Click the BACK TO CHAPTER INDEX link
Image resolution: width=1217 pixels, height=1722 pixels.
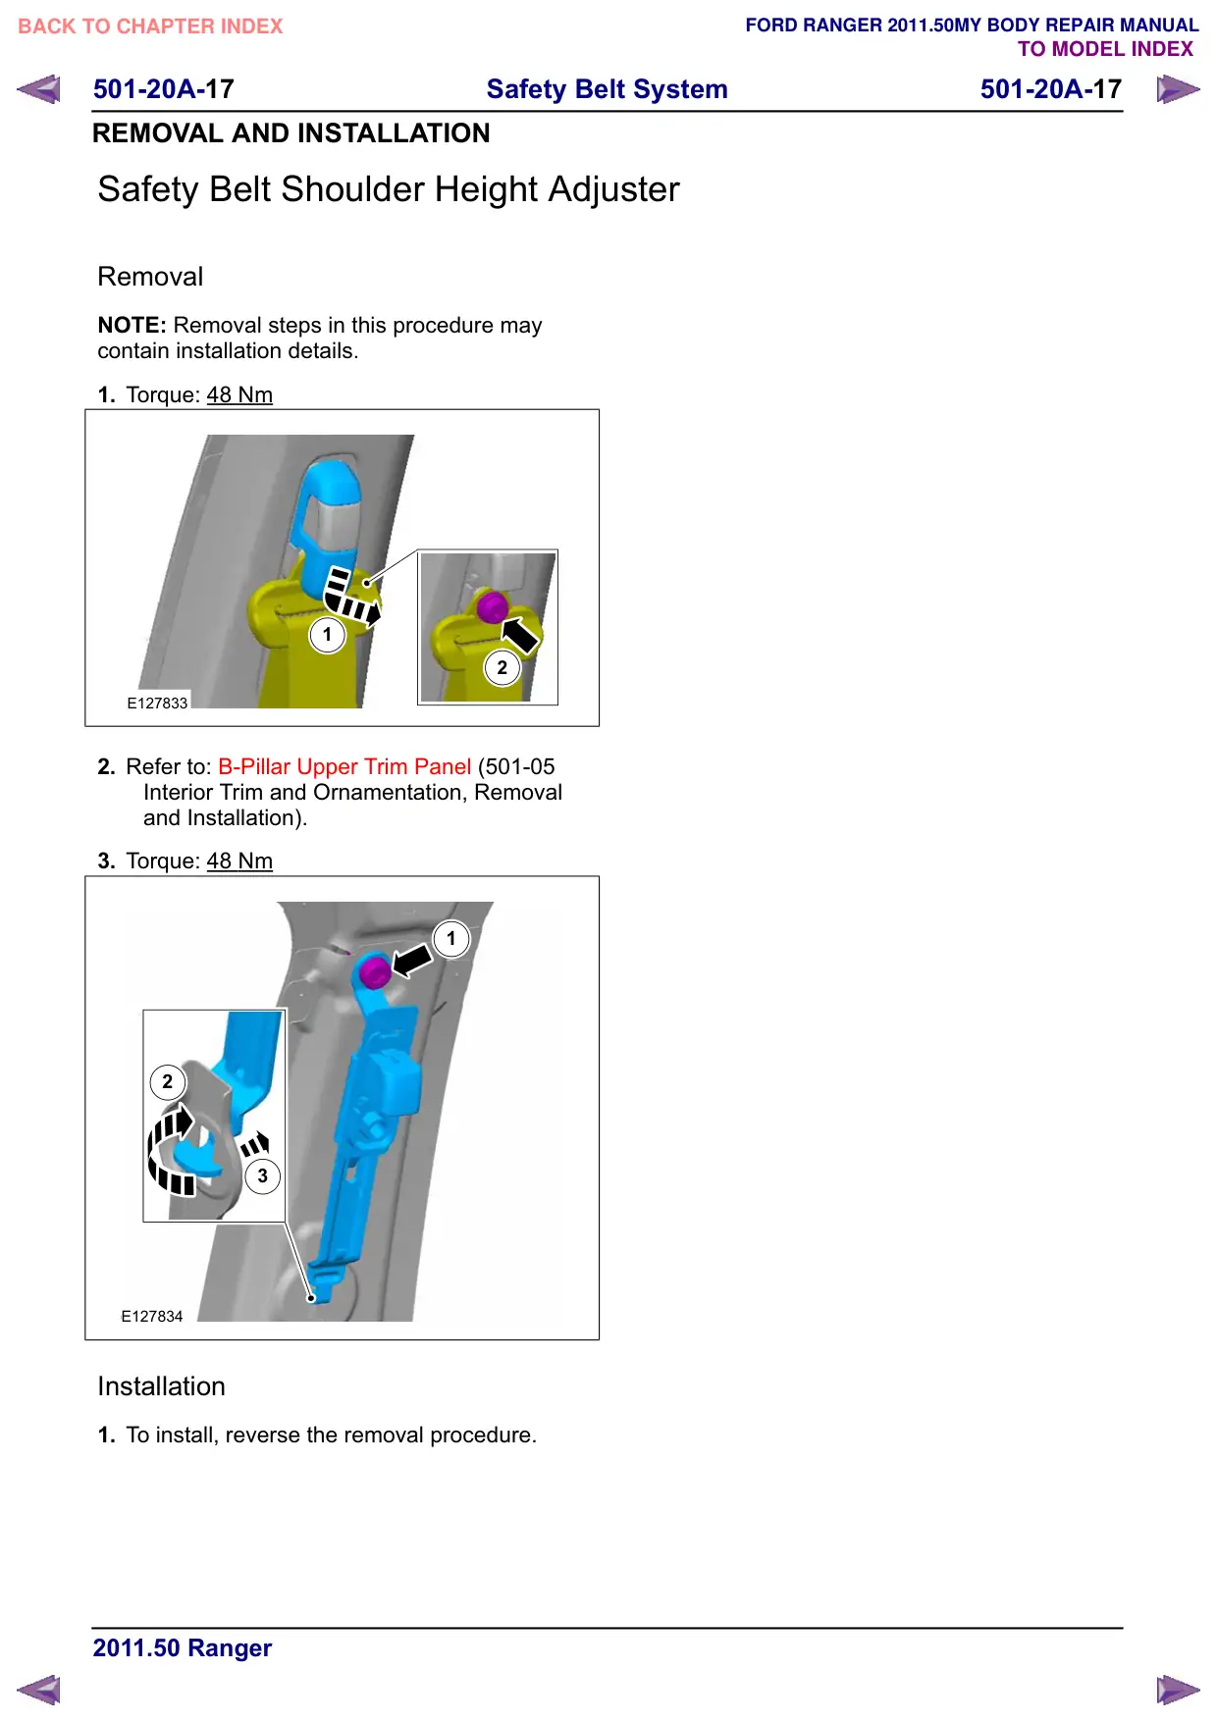[x=150, y=26]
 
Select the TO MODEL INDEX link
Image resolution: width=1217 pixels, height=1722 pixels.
[x=1105, y=49]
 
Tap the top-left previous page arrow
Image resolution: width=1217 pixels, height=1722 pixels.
[x=38, y=89]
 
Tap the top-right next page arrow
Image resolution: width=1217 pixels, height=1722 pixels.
[x=1178, y=89]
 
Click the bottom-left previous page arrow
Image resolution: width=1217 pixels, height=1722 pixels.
[x=38, y=1690]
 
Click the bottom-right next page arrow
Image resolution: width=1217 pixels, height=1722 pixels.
[x=1178, y=1690]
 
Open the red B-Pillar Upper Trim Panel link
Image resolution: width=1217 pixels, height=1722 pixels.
[x=344, y=766]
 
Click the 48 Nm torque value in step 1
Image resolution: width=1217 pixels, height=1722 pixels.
[x=239, y=394]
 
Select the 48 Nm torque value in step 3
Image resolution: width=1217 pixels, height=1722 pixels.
[x=239, y=861]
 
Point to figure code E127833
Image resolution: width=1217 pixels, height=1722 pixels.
[x=157, y=703]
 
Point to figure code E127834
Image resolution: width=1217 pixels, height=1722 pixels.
[x=152, y=1316]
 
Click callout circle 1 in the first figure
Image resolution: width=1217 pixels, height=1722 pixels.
[x=328, y=634]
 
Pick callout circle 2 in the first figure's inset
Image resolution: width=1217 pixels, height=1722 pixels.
[x=503, y=667]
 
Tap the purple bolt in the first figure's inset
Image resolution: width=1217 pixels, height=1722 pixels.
[x=492, y=606]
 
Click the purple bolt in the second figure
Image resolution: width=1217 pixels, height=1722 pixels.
[x=374, y=973]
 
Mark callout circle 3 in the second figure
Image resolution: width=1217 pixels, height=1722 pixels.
[x=263, y=1175]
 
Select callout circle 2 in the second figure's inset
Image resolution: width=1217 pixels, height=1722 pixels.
[x=168, y=1081]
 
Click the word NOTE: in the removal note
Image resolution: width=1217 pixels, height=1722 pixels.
[x=132, y=325]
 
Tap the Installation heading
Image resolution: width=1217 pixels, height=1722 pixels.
[x=162, y=1385]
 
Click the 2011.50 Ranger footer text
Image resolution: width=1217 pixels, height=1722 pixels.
[x=183, y=1647]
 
